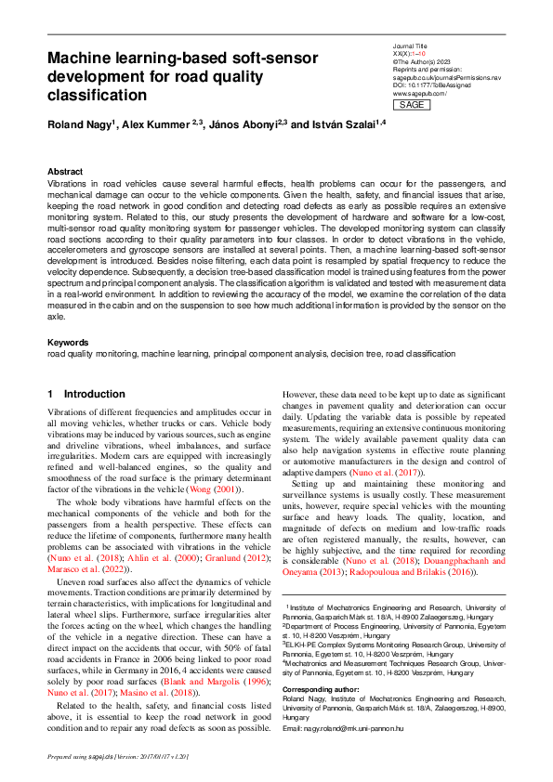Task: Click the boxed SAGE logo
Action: pyautogui.click(x=411, y=105)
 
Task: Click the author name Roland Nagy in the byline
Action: pyautogui.click(x=79, y=124)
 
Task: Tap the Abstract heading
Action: pyautogui.click(x=65, y=172)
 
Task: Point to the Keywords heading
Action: pyautogui.click(x=69, y=343)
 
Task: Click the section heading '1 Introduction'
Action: pyautogui.click(x=86, y=394)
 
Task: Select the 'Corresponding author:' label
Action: pyautogui.click(x=321, y=688)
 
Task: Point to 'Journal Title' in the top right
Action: pyautogui.click(x=411, y=45)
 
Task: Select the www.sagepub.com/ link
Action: pyautogui.click(x=420, y=95)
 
